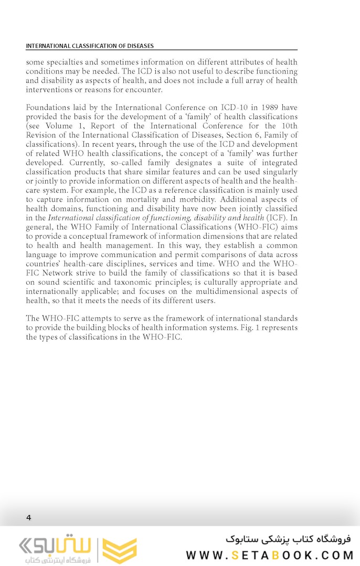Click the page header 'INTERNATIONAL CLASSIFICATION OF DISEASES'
click(90, 46)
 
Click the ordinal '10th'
click(288, 126)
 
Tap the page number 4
click(29, 518)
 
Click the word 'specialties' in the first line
click(67, 61)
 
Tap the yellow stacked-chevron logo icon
click(120, 551)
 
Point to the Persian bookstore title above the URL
click(288, 539)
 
